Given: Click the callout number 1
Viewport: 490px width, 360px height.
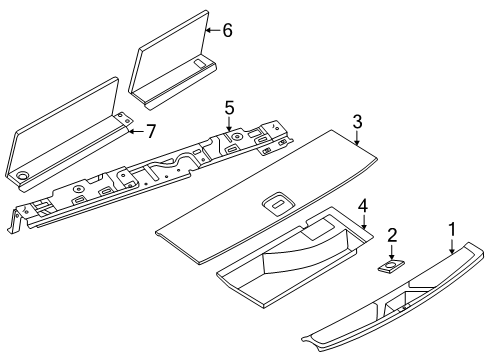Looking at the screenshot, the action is (452, 230).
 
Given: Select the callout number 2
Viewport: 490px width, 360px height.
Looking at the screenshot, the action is (392, 235).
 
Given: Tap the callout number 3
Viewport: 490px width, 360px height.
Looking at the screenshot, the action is (357, 122).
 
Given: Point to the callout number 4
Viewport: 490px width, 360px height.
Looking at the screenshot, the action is (363, 206).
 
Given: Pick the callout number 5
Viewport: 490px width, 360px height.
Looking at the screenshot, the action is (229, 108).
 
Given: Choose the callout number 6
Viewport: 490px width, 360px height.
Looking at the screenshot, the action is (227, 30).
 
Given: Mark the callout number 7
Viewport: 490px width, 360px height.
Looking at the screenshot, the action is (151, 131).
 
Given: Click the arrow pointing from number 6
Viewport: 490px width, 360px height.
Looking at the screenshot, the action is (212, 30).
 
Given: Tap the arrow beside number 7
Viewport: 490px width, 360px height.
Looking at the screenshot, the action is (136, 131).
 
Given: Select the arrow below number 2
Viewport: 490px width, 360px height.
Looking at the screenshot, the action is (392, 252).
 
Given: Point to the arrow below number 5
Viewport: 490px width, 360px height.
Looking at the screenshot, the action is (229, 124).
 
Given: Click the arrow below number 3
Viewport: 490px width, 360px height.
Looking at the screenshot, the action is (357, 138).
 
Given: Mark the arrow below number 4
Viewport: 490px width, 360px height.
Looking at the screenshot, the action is (364, 222).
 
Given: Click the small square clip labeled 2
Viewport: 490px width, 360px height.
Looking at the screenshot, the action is (391, 266).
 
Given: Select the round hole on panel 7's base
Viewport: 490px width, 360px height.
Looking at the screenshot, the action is (23, 175).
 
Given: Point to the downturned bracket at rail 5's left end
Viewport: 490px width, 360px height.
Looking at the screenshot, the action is (15, 220).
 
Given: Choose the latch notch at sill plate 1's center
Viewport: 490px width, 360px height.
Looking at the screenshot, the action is (404, 308).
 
